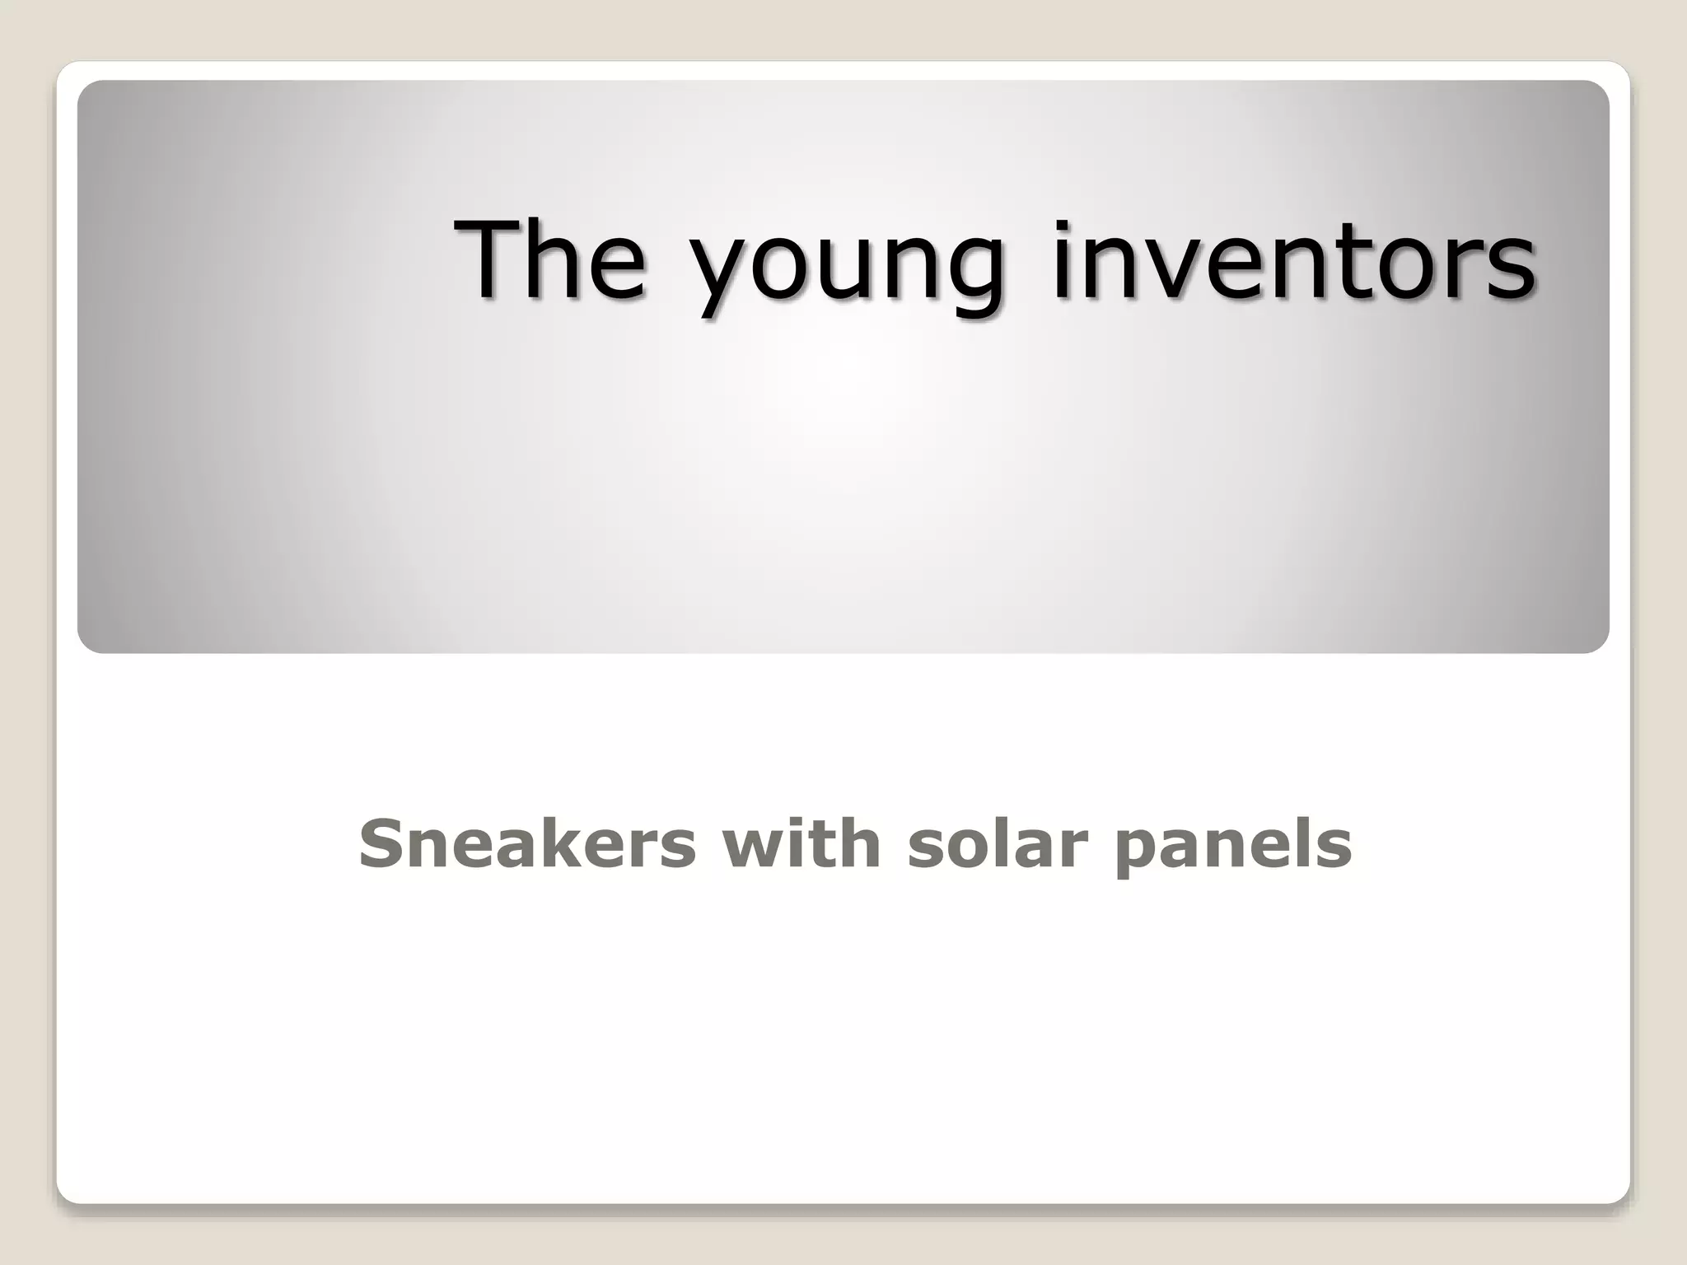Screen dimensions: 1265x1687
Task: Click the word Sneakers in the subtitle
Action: pos(527,844)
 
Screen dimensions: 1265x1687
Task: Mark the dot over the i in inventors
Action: pos(1062,226)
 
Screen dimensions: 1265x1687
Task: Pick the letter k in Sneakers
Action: pos(576,844)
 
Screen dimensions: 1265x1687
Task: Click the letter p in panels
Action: pos(1138,852)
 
